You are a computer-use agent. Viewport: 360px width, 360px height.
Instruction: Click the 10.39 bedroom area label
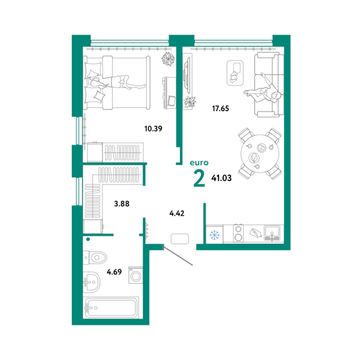[153, 128]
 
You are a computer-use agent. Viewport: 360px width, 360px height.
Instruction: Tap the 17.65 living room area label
[220, 108]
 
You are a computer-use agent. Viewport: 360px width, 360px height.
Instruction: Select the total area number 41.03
[221, 178]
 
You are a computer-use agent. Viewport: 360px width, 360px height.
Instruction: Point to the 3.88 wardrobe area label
[122, 203]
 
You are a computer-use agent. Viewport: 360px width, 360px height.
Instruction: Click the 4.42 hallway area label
[177, 214]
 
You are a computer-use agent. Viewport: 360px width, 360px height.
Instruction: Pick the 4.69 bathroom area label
[114, 272]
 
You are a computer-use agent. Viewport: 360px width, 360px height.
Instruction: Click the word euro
[199, 163]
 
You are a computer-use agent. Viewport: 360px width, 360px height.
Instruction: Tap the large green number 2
[199, 179]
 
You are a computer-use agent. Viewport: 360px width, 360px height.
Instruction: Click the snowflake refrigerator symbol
[214, 235]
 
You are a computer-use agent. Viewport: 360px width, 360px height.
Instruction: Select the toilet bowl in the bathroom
[96, 258]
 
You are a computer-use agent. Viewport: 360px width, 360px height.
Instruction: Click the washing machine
[135, 275]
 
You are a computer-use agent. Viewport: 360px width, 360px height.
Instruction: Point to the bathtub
[111, 307]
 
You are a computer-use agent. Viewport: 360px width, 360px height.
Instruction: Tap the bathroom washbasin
[91, 282]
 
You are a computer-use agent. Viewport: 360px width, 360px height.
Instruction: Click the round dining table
[260, 154]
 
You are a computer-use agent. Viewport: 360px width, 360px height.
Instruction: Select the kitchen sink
[272, 233]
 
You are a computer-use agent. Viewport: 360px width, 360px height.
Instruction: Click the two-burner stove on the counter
[239, 233]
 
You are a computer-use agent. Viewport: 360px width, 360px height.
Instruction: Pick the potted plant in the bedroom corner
[168, 59]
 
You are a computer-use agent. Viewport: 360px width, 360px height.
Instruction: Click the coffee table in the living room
[235, 73]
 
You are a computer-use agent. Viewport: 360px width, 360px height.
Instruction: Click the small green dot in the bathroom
[88, 239]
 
